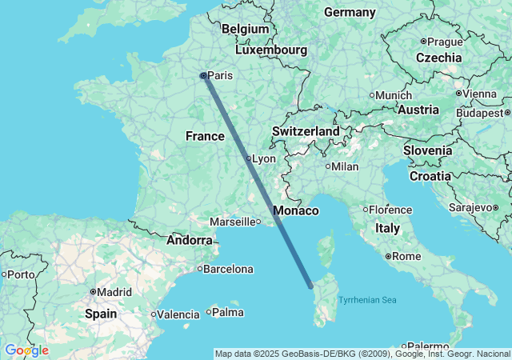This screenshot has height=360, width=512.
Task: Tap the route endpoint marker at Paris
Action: (x=204, y=75)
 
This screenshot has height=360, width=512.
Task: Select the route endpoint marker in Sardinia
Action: (x=311, y=286)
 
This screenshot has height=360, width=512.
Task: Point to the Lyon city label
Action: (x=264, y=159)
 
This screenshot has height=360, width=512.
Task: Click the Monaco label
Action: (x=296, y=211)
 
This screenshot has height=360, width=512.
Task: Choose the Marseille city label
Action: (x=233, y=222)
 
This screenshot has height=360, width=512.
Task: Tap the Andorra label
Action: (x=190, y=239)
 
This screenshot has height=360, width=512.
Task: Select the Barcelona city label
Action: (x=228, y=269)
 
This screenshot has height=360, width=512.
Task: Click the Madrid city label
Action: (x=115, y=292)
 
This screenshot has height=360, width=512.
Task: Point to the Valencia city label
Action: (x=178, y=314)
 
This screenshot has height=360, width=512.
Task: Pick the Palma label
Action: (x=228, y=311)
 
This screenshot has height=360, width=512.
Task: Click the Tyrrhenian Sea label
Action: (x=367, y=301)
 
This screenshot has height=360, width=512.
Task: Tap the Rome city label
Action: (x=407, y=256)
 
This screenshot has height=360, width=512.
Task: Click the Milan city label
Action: (x=346, y=166)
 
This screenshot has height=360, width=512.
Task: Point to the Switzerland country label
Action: (x=306, y=131)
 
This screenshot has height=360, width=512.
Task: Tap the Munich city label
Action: (x=394, y=95)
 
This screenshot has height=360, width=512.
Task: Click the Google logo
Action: (x=26, y=350)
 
